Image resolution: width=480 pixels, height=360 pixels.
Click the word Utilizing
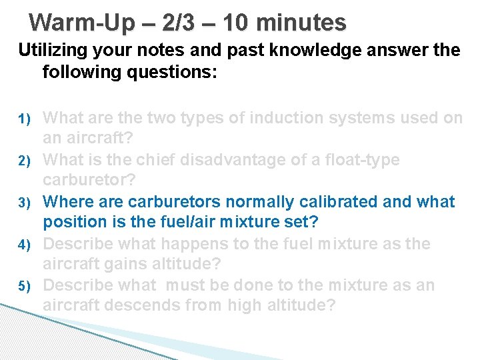54,51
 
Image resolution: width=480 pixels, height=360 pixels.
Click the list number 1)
24,119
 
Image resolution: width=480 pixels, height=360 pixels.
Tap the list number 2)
24,161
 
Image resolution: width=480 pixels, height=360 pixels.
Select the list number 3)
24,202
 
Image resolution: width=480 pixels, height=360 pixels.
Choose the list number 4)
24,244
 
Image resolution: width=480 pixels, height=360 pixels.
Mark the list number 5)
24,286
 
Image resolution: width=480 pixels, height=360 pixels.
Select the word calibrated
317,201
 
